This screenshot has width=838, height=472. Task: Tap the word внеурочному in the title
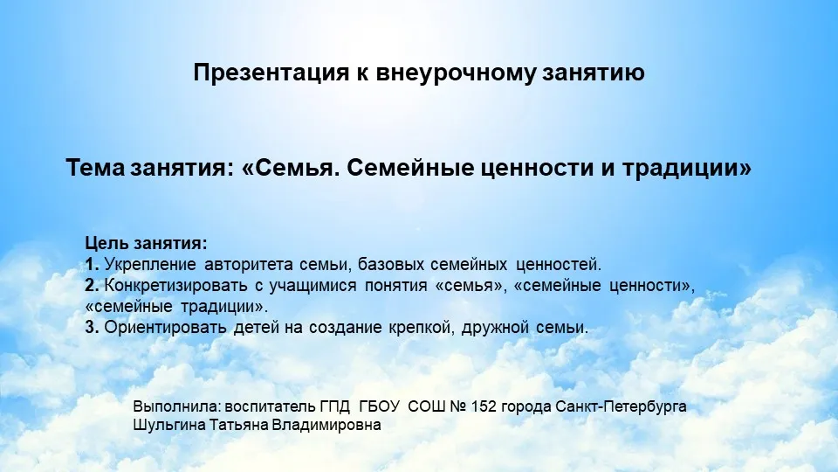point(456,73)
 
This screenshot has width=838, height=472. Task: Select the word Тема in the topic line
point(94,168)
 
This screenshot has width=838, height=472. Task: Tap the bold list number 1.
point(92,264)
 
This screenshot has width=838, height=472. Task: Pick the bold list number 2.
point(92,285)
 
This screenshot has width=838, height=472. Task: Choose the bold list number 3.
point(92,327)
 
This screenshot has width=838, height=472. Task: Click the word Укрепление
point(150,265)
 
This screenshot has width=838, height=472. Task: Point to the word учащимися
point(313,286)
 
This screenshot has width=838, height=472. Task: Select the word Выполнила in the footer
point(177,406)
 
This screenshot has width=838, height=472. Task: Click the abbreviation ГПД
point(335,406)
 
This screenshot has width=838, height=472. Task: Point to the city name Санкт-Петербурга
point(621,407)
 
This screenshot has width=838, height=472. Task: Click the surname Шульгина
point(169,426)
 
